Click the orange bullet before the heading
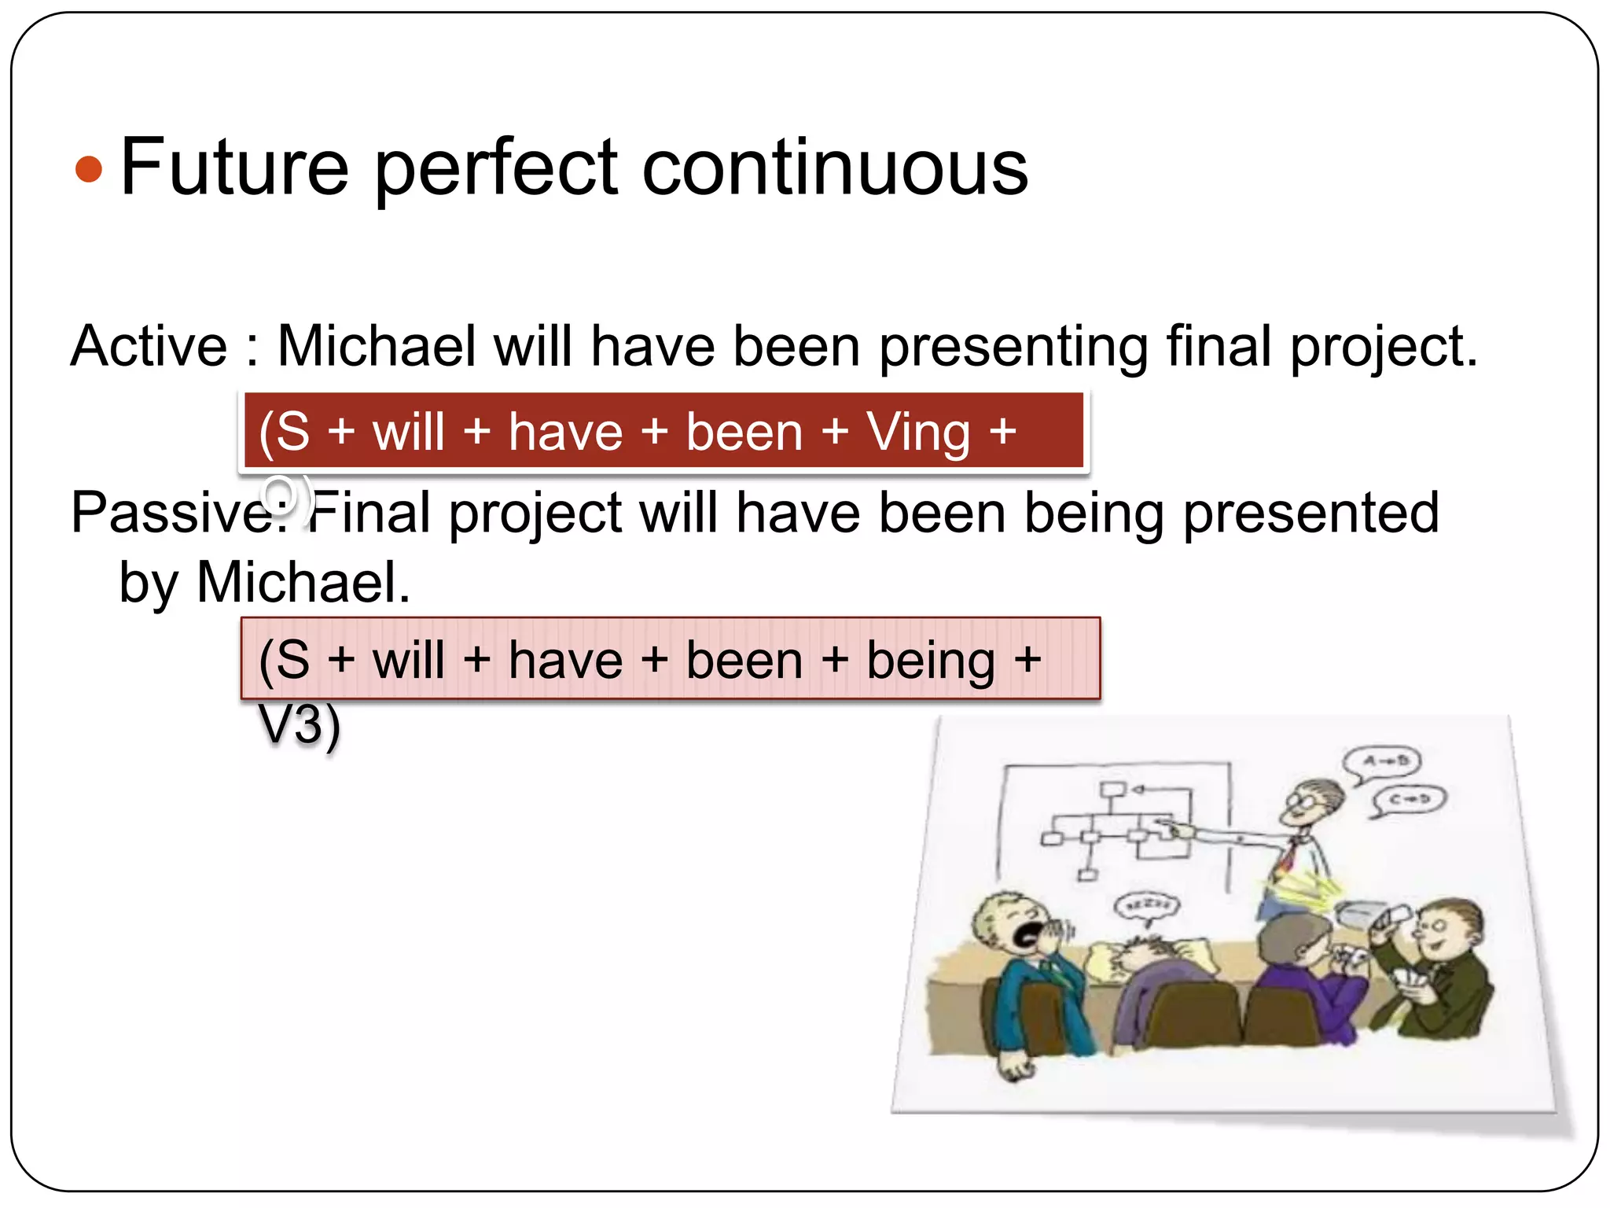pos(89,169)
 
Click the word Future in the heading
pos(233,167)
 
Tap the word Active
pos(149,346)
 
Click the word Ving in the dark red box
pos(917,432)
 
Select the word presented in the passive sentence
pos(1310,513)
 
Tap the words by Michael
pos(264,583)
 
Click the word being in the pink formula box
pos(930,660)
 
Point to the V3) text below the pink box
pos(299,724)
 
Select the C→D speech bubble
pos(1410,800)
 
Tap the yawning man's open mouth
pos(1027,934)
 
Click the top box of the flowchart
pos(1111,790)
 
